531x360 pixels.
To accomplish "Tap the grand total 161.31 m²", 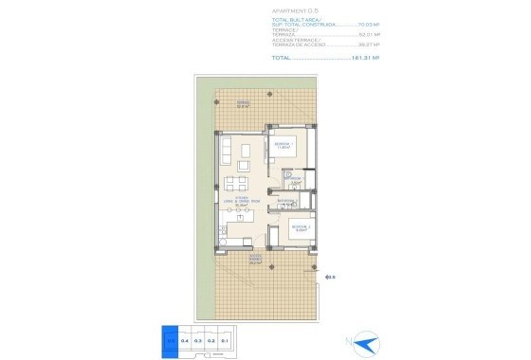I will pyautogui.click(x=365, y=57).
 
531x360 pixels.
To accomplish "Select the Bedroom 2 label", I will pyautogui.click(x=300, y=228).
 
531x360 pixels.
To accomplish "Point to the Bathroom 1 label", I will pyautogui.click(x=295, y=180).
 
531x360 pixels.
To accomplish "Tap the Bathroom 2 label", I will pyautogui.click(x=284, y=202).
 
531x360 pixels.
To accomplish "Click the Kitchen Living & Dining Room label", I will pyautogui.click(x=241, y=201).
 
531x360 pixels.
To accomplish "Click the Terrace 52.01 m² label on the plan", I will pyautogui.click(x=244, y=105).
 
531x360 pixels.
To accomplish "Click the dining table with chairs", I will pyautogui.click(x=238, y=183).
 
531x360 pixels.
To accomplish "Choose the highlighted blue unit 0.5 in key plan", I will pyautogui.click(x=170, y=338).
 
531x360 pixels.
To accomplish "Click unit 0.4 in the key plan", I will pyautogui.click(x=184, y=338).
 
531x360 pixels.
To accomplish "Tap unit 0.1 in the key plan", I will pyautogui.click(x=226, y=338).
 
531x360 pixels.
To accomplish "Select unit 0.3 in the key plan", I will pyautogui.click(x=198, y=338).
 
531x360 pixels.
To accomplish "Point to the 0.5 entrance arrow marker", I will pyautogui.click(x=329, y=278).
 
